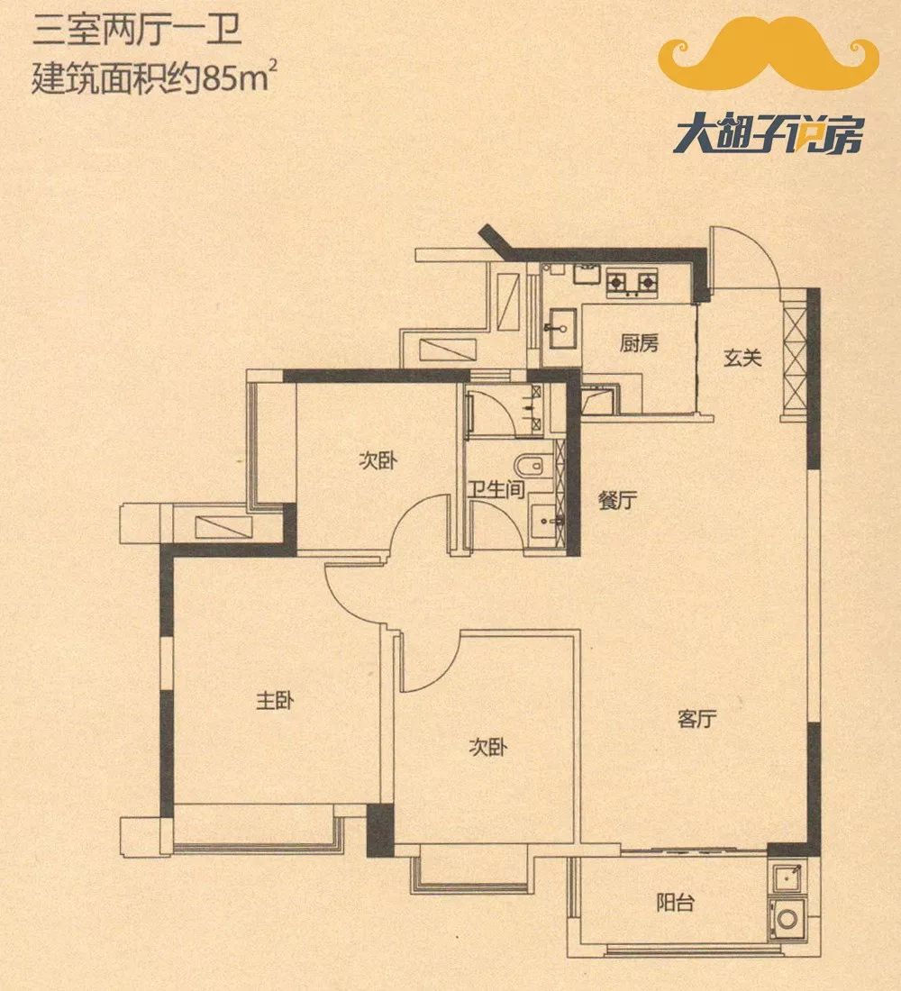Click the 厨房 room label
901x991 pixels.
point(639,343)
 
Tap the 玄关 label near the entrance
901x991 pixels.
point(743,359)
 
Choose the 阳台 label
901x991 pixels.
point(674,902)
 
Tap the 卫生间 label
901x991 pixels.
point(496,492)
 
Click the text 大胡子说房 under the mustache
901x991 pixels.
point(768,138)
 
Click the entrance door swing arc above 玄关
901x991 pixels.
point(746,254)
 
